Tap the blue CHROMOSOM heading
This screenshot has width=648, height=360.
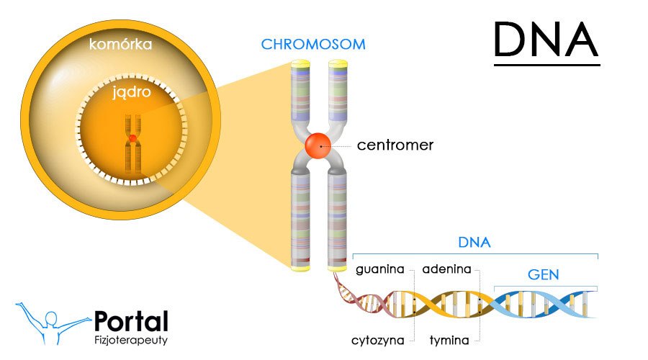pos(313,45)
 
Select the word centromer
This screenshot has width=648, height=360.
pos(395,145)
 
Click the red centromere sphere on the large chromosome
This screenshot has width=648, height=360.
pos(318,146)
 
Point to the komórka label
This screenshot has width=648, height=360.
pos(120,45)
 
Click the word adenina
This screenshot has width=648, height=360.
pos(446,270)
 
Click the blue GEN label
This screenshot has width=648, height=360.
pos(544,275)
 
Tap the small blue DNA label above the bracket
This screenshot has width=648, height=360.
pos(474,243)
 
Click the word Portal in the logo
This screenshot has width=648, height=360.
pos(131,322)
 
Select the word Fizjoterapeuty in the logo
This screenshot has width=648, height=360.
pos(131,339)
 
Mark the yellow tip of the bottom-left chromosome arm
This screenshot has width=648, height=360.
pos(300,267)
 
